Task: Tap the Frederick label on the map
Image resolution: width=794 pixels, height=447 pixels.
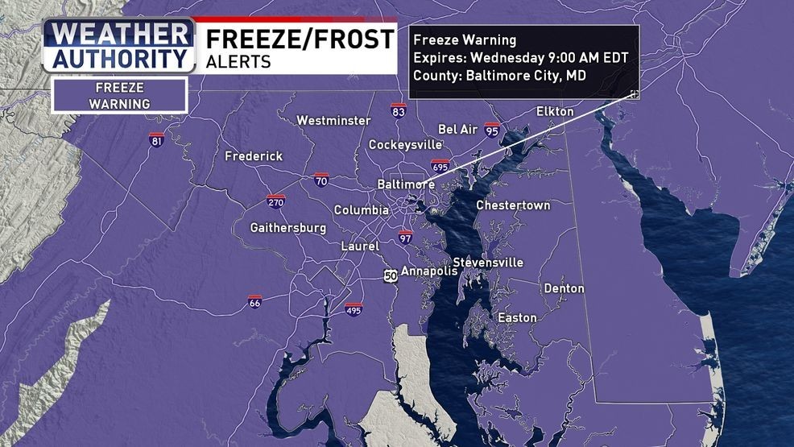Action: [x=254, y=156]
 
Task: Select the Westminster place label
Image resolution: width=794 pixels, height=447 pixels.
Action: [x=333, y=121]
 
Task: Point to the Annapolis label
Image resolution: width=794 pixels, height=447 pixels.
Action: [x=429, y=271]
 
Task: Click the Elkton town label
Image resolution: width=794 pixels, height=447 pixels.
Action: [x=555, y=111]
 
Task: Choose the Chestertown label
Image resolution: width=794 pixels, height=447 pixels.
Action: [x=513, y=205]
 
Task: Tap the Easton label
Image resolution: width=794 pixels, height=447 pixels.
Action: [x=517, y=318]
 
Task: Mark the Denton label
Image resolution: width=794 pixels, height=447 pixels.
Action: [x=564, y=288]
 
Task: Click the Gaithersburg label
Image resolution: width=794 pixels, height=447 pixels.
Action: [x=288, y=228]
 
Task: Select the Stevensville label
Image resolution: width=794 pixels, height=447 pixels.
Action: [x=488, y=263]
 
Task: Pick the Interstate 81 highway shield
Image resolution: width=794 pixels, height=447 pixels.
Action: [x=156, y=139]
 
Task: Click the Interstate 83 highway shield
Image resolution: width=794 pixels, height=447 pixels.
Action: [x=398, y=110]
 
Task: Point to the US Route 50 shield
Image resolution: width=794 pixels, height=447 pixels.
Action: [x=391, y=275]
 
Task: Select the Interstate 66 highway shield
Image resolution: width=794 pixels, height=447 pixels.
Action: [x=254, y=302]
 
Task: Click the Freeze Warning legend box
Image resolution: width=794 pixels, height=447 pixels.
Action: [x=119, y=95]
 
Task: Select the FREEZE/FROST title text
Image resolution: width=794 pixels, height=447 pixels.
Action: [x=300, y=38]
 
